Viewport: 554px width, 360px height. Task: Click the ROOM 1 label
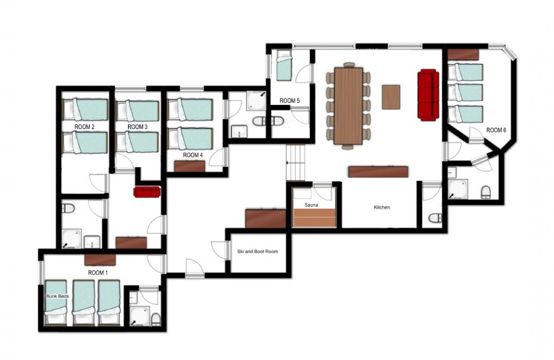(x=98, y=273)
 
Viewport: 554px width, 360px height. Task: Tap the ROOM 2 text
(x=84, y=126)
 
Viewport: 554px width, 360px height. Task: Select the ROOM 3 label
(x=138, y=126)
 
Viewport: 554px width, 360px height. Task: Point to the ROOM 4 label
(x=193, y=155)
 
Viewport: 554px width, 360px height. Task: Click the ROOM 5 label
(x=290, y=101)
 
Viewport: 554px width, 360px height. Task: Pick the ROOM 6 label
(x=496, y=130)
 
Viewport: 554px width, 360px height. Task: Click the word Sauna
(x=311, y=205)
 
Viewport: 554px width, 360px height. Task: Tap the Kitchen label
(x=382, y=207)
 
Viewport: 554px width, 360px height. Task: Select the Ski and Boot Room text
(x=258, y=251)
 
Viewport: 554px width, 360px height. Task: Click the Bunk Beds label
(x=58, y=297)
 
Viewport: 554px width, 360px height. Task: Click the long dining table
(x=349, y=105)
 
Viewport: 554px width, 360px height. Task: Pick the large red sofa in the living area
(x=428, y=95)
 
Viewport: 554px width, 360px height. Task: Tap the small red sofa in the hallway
(x=147, y=192)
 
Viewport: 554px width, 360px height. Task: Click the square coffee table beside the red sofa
(x=391, y=97)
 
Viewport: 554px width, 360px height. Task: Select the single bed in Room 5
(x=284, y=66)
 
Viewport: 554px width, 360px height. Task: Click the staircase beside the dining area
(x=295, y=163)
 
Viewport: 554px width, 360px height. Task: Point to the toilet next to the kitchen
(x=435, y=218)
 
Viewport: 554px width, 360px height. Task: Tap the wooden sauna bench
(x=315, y=217)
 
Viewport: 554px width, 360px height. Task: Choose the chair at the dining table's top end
(x=349, y=65)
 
